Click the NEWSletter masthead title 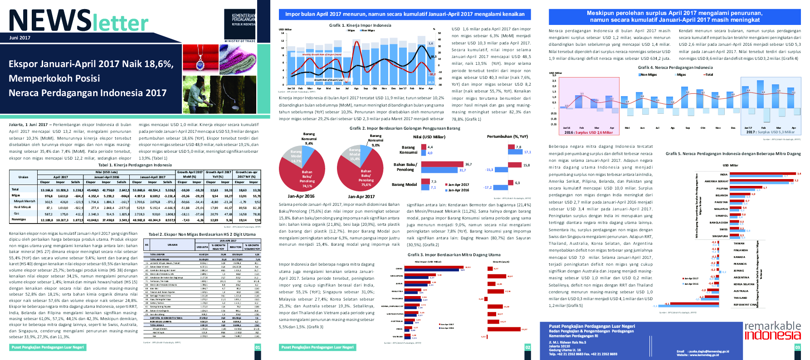(78, 21)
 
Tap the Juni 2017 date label (20, 38)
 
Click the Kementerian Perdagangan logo (243, 20)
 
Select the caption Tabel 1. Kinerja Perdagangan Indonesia (135, 165)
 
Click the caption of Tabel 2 (202, 234)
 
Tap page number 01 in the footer (258, 347)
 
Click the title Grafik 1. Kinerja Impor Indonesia (360, 25)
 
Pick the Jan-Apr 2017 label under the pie (361, 197)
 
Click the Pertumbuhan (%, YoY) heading (507, 136)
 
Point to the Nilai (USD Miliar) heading (429, 137)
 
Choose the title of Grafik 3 (454, 255)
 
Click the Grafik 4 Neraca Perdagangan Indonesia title (675, 68)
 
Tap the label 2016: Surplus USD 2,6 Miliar (588, 132)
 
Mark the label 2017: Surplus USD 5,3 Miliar (770, 132)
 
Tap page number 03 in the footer (798, 347)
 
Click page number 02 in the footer (527, 347)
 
